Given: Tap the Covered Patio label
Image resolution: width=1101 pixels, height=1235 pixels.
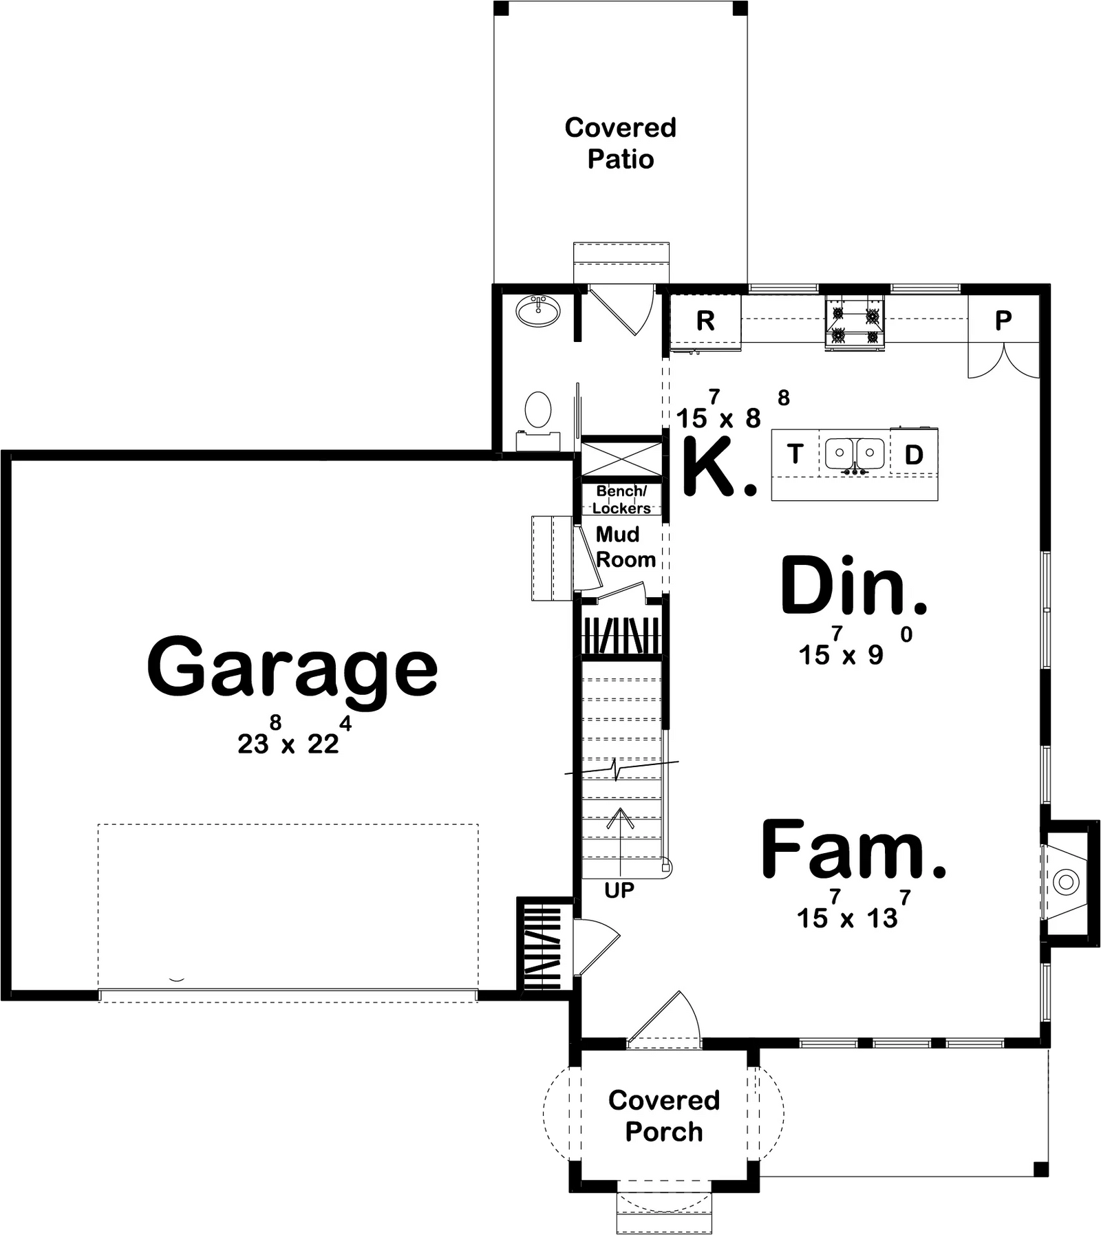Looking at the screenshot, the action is [x=621, y=143].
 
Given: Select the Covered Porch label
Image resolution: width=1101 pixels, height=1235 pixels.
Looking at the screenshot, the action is [x=664, y=1115].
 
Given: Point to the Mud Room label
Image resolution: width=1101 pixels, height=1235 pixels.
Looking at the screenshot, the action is [x=626, y=547].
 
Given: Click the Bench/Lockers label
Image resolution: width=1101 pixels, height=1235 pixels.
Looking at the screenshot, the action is [x=621, y=500].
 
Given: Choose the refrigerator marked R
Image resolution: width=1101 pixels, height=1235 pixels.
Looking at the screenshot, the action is [x=705, y=321].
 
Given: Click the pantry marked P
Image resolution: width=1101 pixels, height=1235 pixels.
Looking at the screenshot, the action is [x=1003, y=320].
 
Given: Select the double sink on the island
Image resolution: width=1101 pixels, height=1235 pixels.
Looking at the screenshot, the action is [x=855, y=455].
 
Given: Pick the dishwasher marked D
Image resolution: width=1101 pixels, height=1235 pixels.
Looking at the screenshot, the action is [x=914, y=455].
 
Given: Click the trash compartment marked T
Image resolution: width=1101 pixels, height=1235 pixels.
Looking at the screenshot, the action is [x=795, y=454].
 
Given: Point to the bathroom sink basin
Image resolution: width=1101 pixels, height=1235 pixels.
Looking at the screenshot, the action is [x=538, y=312].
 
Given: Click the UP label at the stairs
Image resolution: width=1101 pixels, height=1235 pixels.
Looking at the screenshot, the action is [x=619, y=890].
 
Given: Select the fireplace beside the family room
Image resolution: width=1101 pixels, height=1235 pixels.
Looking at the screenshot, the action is [x=1065, y=881].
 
